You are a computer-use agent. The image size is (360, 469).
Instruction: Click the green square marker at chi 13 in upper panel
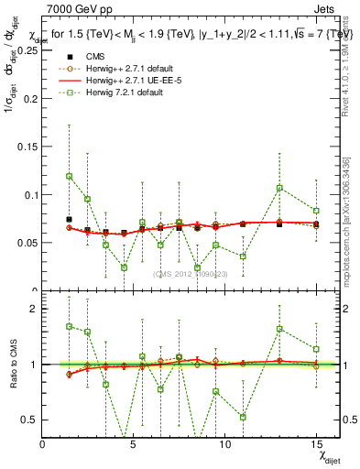pos(279,188)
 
